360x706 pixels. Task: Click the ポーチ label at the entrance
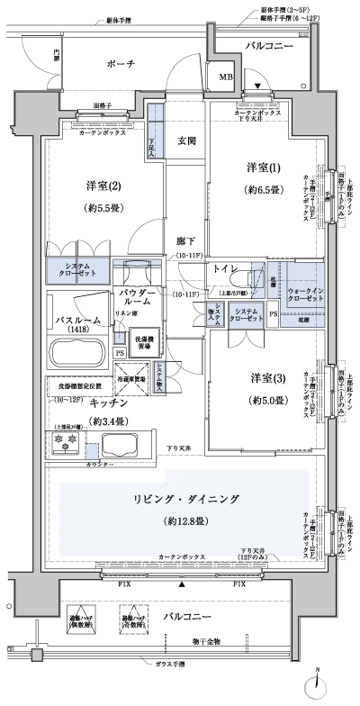pos(119,63)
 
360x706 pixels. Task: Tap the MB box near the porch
pos(225,78)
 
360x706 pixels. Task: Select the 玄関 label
pos(186,140)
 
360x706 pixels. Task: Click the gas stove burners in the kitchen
pos(67,444)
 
